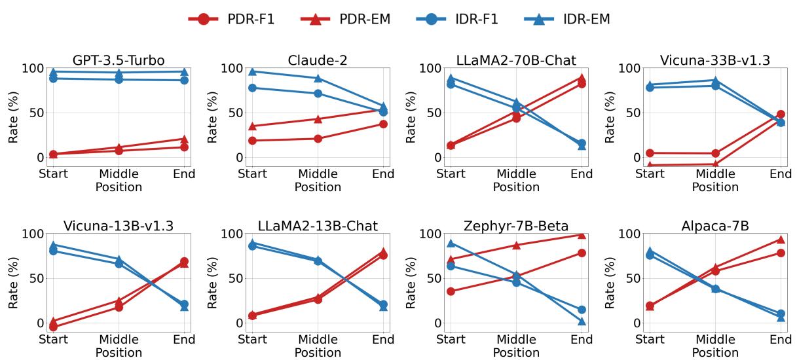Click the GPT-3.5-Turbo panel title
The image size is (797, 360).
click(119, 61)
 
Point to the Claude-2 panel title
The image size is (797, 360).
click(318, 61)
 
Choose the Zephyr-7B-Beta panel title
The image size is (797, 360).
click(516, 226)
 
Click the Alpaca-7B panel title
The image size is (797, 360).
click(715, 226)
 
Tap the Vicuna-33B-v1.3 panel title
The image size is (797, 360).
click(715, 61)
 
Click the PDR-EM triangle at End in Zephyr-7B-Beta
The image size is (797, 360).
click(582, 234)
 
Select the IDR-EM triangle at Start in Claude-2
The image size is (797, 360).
click(252, 71)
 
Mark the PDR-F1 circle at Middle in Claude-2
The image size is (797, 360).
click(318, 139)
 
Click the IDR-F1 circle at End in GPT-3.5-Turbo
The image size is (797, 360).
click(184, 80)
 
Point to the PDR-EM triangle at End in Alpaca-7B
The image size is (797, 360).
click(780, 240)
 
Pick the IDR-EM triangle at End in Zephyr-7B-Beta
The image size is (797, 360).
click(582, 321)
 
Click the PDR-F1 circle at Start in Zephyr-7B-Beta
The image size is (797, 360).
click(451, 291)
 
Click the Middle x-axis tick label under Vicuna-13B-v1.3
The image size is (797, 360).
click(119, 340)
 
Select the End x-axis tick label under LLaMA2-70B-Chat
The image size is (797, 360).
click(582, 174)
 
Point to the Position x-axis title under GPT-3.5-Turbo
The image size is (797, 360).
click(119, 187)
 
